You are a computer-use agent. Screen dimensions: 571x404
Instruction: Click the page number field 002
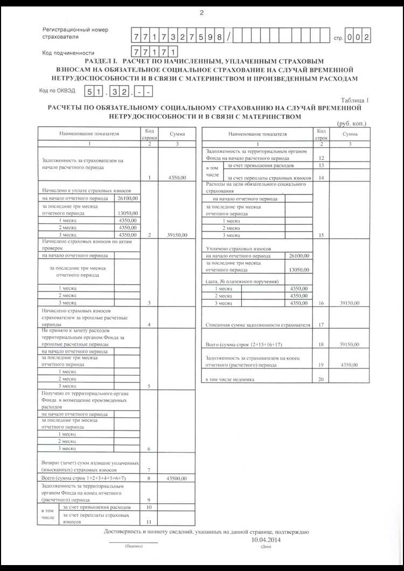[358, 37]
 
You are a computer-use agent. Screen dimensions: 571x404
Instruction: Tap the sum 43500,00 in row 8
[177, 478]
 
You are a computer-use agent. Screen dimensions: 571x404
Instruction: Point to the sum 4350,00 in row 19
[350, 365]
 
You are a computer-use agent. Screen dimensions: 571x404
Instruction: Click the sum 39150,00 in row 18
[350, 344]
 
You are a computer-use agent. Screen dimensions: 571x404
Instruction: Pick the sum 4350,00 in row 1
[177, 177]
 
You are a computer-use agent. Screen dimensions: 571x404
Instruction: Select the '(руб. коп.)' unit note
[351, 123]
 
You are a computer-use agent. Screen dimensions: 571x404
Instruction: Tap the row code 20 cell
[321, 379]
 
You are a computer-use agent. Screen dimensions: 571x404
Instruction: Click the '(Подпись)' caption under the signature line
[133, 546]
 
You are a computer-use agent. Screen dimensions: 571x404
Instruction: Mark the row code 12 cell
[321, 158]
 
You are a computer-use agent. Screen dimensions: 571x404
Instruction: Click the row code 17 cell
[321, 325]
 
